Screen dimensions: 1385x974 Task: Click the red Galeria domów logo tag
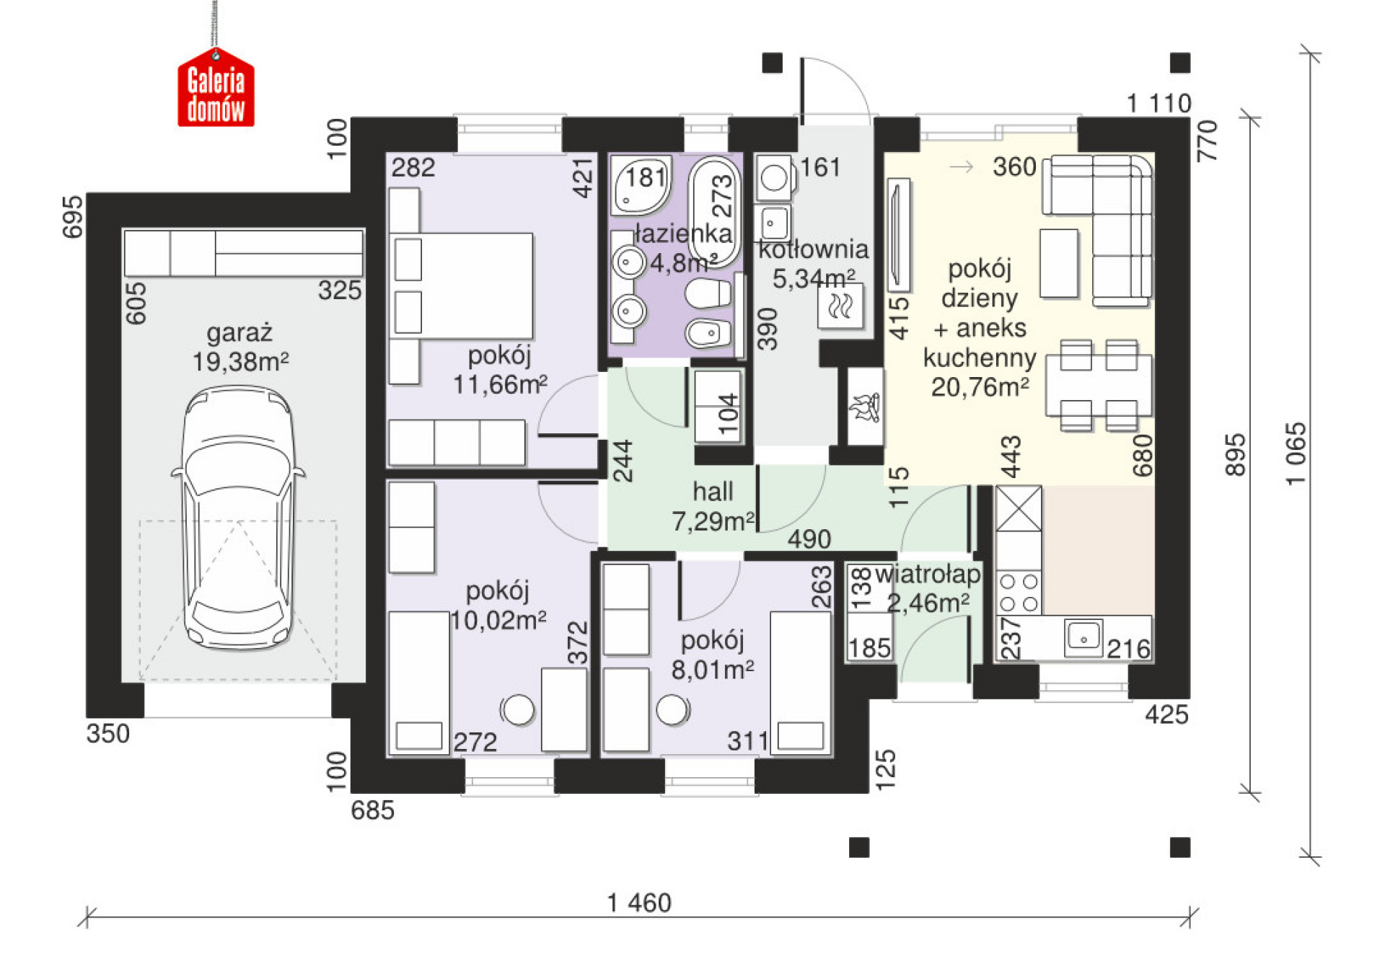(216, 87)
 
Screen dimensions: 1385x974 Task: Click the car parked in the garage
(238, 518)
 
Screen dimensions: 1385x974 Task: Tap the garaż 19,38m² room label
(240, 347)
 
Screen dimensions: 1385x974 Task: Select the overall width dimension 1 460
(639, 902)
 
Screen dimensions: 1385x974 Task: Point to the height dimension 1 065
(1296, 453)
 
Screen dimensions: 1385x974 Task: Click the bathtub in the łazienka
(714, 212)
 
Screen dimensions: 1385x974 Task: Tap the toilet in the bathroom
(708, 294)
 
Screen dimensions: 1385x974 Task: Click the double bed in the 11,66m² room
(462, 285)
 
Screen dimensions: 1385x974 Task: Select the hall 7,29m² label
(713, 506)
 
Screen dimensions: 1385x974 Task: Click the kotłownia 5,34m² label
(814, 263)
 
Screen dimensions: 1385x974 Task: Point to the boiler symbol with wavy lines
(840, 306)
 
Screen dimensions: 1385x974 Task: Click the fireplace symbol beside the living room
(865, 407)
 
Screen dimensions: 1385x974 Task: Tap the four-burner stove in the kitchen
(1019, 592)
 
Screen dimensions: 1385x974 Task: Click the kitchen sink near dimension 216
(1083, 637)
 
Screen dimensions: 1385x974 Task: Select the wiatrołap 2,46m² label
(928, 588)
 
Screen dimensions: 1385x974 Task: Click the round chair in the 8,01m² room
(672, 709)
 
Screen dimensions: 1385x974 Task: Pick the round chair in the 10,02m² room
(518, 709)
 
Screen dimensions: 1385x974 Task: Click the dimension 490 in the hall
(809, 539)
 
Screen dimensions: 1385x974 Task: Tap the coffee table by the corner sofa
(1059, 263)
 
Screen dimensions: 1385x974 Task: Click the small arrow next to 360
(962, 167)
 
